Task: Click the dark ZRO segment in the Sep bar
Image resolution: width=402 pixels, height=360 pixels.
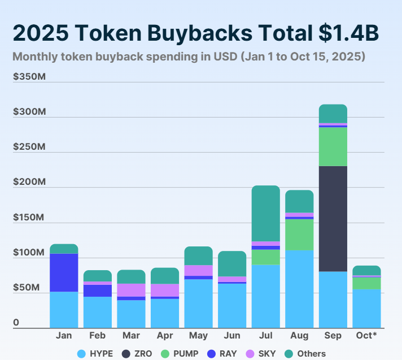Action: click(x=333, y=219)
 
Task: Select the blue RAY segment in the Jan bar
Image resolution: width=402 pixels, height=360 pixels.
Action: click(x=64, y=272)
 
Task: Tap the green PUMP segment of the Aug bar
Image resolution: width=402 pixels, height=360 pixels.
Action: click(x=299, y=235)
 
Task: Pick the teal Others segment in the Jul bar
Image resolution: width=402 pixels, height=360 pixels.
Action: click(x=265, y=213)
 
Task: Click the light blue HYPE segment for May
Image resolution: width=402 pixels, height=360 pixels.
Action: click(x=198, y=303)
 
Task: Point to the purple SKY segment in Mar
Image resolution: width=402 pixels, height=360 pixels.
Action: click(x=131, y=289)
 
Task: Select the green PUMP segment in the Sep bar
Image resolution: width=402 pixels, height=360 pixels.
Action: click(x=333, y=146)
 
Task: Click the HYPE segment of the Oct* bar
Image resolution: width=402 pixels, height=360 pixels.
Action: click(x=366, y=308)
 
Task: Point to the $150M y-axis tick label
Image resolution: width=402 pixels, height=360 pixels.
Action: click(x=29, y=217)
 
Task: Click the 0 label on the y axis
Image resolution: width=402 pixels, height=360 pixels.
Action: click(x=16, y=323)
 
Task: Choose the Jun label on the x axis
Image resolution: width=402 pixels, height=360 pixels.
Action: click(x=232, y=336)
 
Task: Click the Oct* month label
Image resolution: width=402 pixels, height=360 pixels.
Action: click(x=366, y=336)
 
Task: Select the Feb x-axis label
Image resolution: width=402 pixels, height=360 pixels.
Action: click(x=97, y=336)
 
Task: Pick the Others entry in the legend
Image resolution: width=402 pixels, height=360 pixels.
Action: click(x=305, y=354)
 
